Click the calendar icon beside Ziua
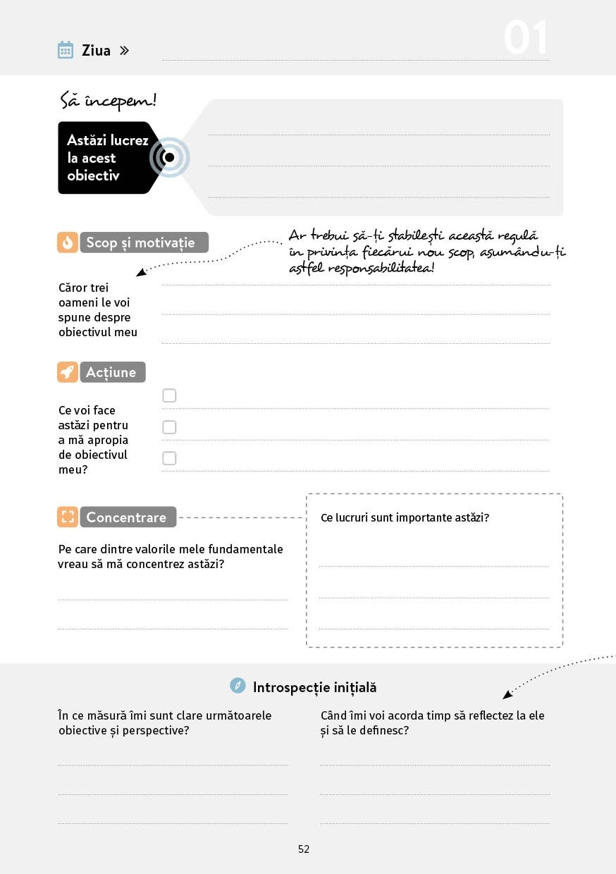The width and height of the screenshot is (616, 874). [66, 50]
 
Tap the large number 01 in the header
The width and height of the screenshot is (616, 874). [525, 39]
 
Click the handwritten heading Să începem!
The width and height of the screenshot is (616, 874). [108, 101]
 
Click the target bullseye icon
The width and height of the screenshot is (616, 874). [169, 157]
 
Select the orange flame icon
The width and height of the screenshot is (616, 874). [68, 242]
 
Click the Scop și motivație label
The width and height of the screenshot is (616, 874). [144, 242]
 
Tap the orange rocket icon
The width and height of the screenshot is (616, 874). [68, 372]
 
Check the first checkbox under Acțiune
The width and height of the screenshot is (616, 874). [169, 395]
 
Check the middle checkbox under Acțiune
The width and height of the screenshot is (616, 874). [169, 427]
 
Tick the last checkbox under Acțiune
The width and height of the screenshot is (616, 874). [169, 458]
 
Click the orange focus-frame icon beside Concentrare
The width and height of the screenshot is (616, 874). [68, 517]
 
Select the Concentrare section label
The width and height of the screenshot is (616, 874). [128, 517]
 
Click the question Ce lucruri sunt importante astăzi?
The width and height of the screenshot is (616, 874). [405, 517]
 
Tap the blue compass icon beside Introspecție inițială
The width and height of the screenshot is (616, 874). [238, 686]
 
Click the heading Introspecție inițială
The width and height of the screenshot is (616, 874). [314, 687]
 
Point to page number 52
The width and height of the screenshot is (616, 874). [304, 849]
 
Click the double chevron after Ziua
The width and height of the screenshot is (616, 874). [124, 51]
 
